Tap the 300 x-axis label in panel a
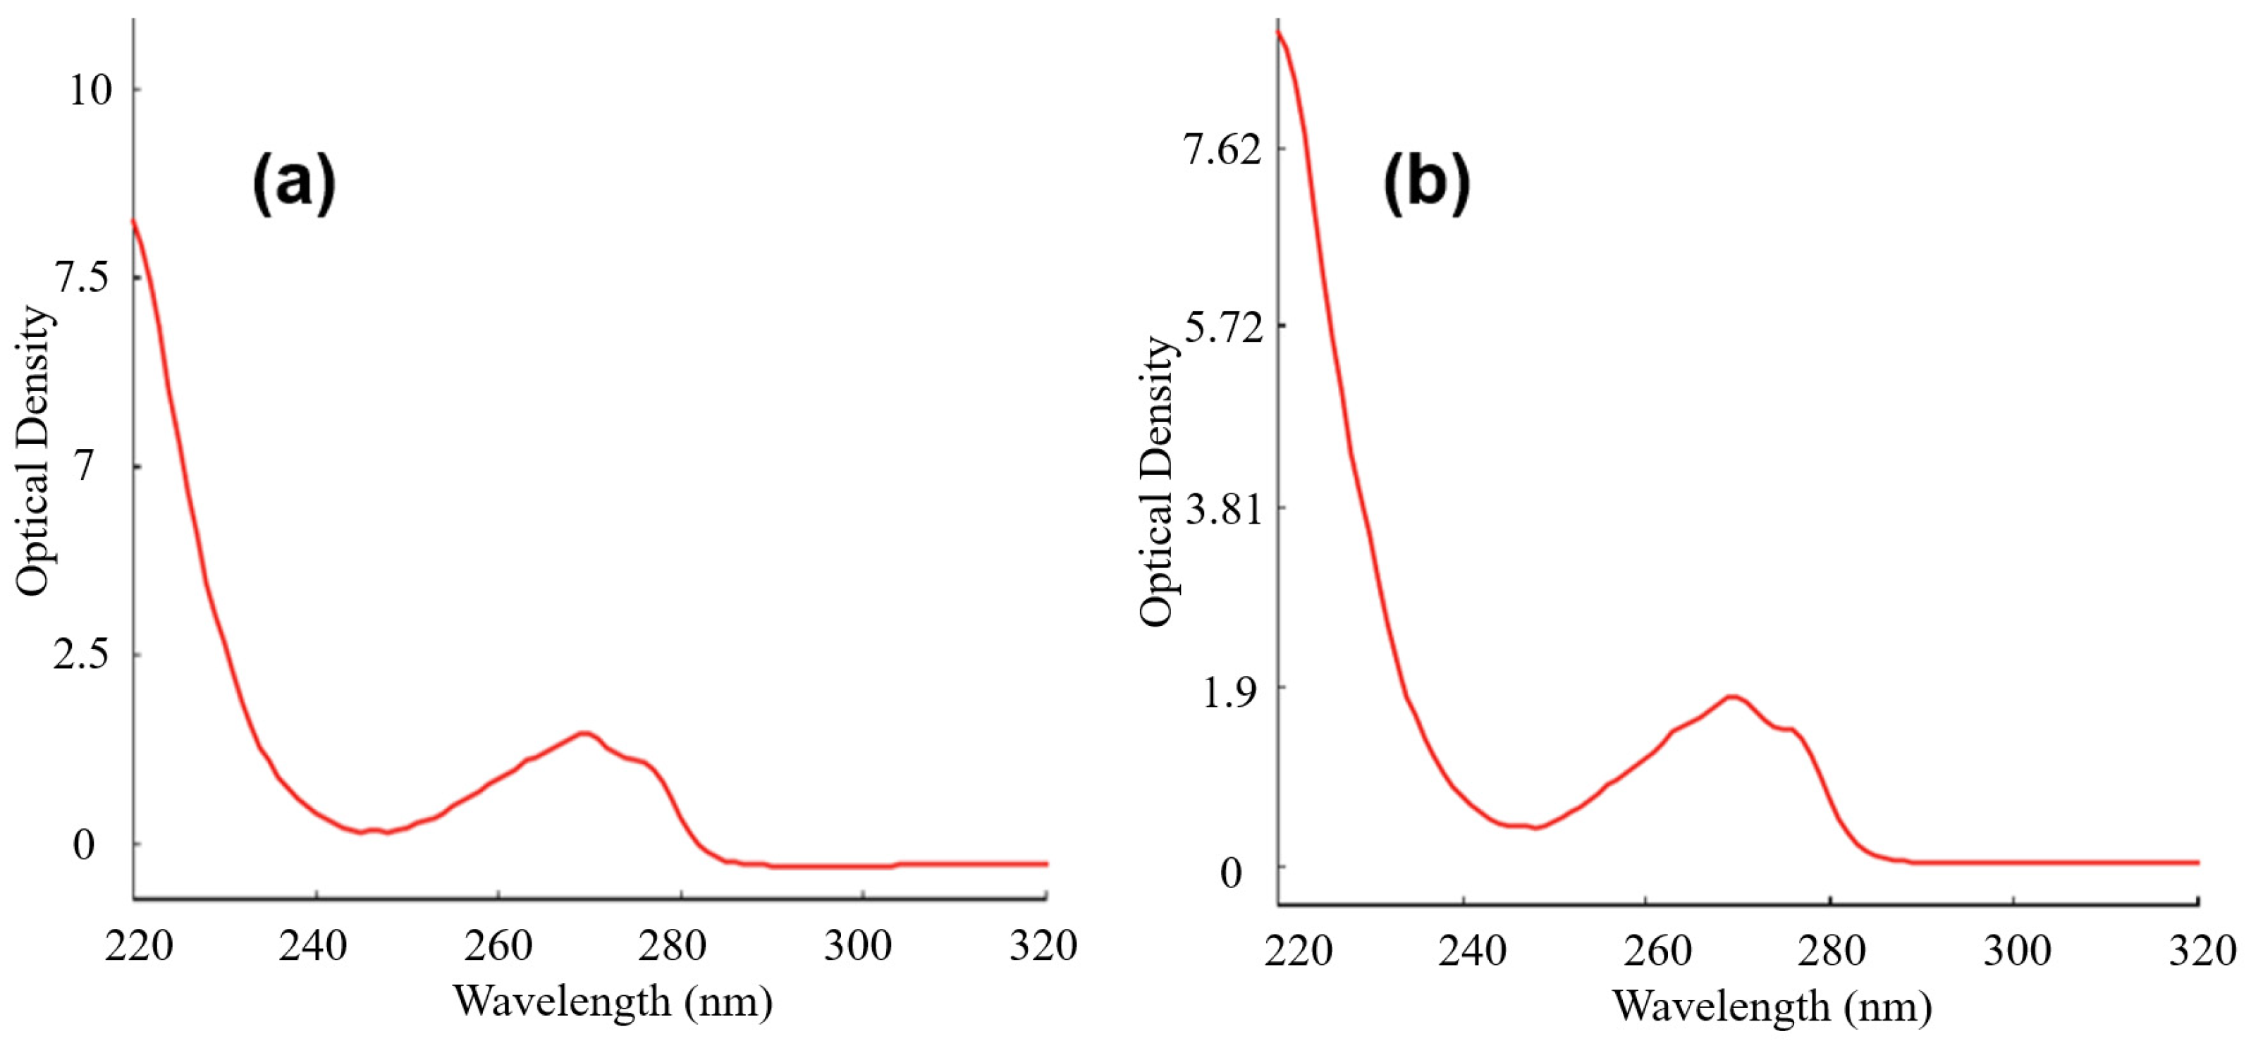(x=859, y=947)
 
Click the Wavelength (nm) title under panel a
(x=613, y=1001)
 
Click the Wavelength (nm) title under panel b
(x=1772, y=1005)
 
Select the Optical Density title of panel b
(x=1159, y=481)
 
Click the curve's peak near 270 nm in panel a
(x=584, y=733)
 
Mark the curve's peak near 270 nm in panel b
(x=1731, y=696)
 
